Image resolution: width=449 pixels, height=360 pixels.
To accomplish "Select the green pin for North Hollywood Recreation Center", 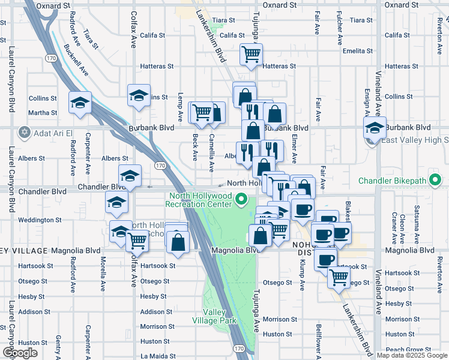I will point(242,199).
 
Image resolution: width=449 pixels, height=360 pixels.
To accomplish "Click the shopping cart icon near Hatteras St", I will point(252,55).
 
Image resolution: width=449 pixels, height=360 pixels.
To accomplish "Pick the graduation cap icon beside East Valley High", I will point(375,128).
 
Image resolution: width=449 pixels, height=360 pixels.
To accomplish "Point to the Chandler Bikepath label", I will point(400,180).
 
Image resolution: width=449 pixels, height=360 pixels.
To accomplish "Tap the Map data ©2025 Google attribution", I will point(412,355).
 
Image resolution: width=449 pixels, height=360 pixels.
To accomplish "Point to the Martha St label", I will point(43,112).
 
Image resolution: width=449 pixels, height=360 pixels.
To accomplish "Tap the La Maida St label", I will point(157,356).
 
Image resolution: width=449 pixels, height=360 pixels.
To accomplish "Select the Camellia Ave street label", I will point(212,150).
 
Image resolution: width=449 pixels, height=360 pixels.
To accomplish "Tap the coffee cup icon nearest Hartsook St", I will point(325,260).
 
